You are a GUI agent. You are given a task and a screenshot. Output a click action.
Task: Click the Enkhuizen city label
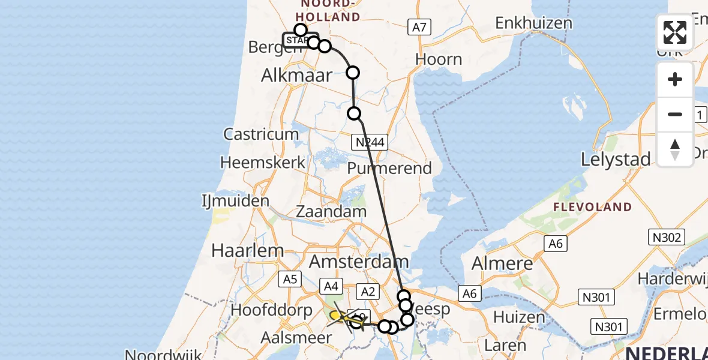point(533,23)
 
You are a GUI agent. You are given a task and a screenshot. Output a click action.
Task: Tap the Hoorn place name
point(439,59)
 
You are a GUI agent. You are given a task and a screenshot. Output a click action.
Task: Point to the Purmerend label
point(390,169)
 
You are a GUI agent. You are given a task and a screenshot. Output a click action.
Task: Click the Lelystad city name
point(616,160)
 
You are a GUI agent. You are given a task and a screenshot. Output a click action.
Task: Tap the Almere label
point(502,263)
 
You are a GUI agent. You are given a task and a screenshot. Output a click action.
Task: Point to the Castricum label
point(261,134)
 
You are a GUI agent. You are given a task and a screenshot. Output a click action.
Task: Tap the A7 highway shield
point(419,27)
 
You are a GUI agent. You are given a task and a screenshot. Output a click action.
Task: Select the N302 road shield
point(667,238)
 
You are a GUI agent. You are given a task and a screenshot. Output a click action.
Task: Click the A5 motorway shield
point(290,278)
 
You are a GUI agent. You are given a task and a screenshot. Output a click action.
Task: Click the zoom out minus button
point(675,114)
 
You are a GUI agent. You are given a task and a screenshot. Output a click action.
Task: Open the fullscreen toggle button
point(675,32)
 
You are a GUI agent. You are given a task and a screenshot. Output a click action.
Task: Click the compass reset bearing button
point(675,148)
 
